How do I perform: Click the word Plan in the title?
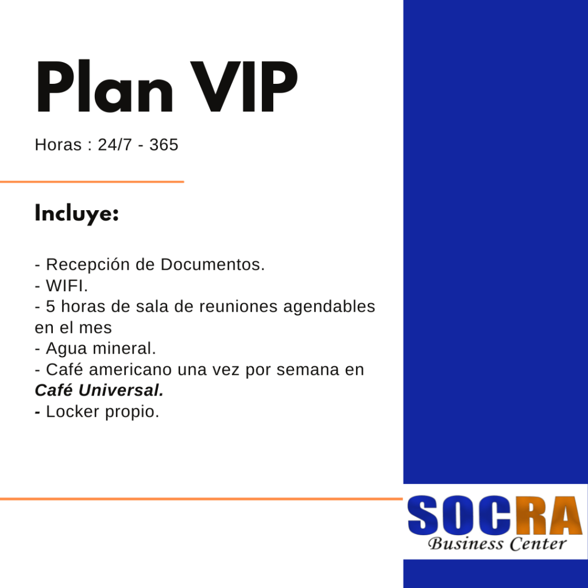105,86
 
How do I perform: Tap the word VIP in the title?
244,87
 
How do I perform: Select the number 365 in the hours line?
164,145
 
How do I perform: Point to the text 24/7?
115,145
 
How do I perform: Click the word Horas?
58,145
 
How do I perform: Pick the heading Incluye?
77,214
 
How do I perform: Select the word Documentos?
212,264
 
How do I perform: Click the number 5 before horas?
51,307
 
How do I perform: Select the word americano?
130,370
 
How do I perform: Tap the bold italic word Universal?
121,390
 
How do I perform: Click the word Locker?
72,412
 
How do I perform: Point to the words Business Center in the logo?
497,544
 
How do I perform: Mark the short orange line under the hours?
92,182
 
